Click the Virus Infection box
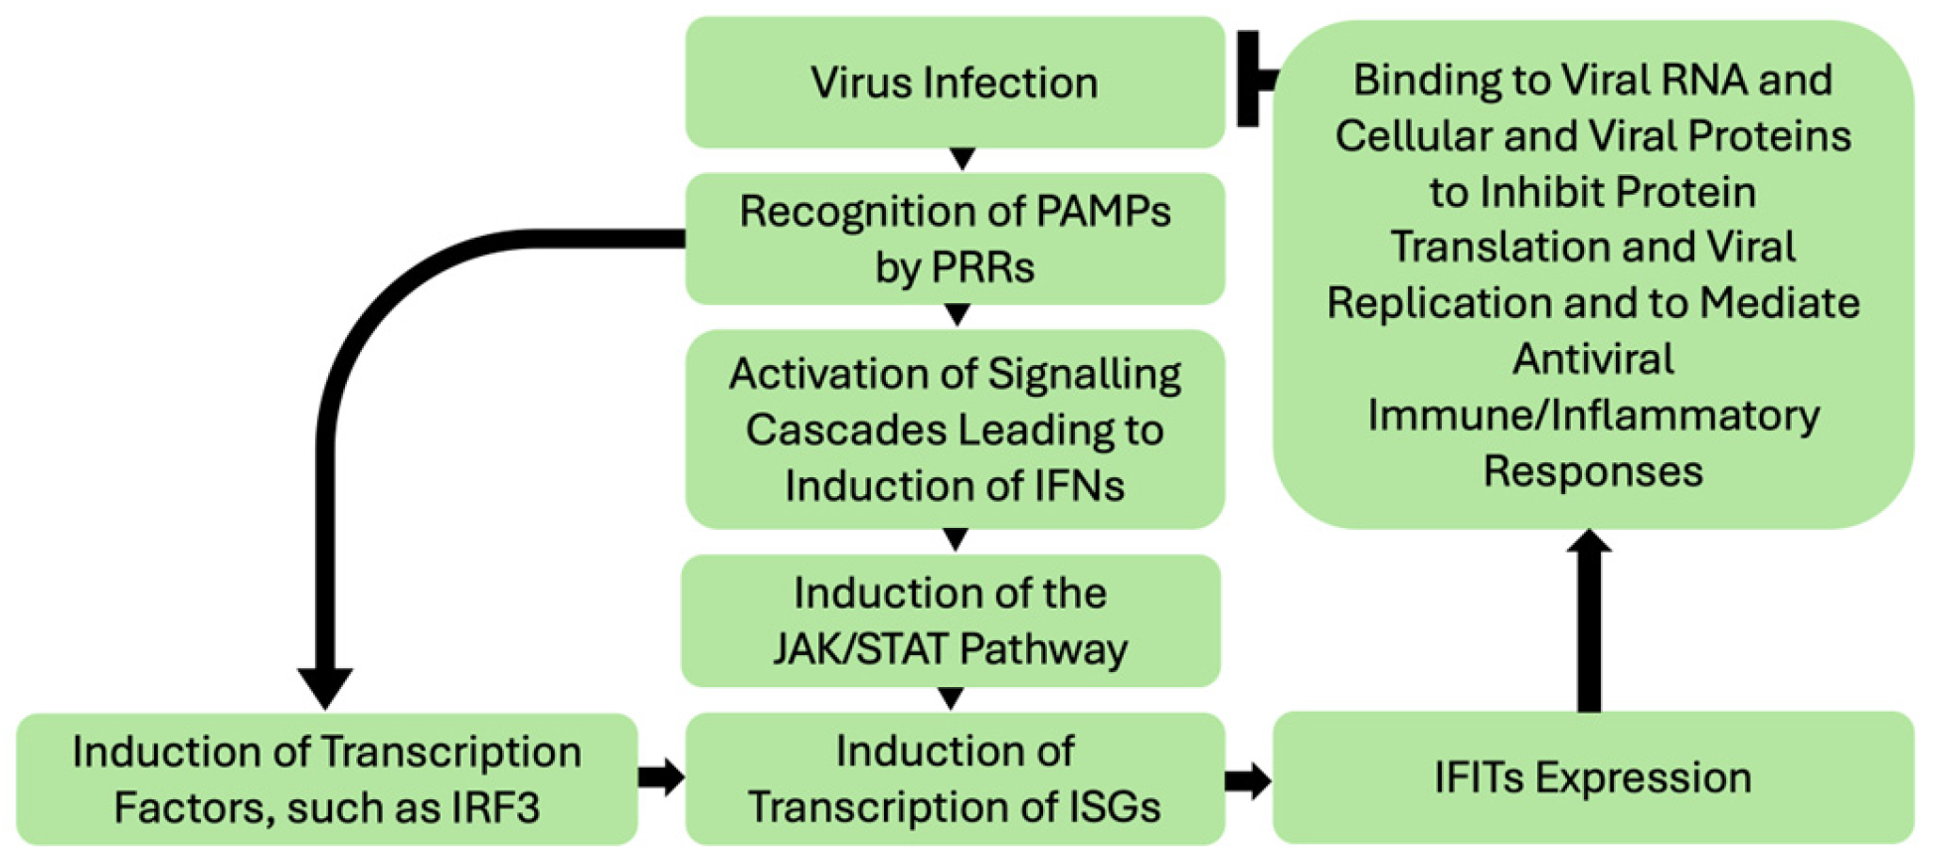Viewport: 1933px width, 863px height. point(955,83)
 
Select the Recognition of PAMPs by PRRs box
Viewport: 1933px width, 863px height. point(955,239)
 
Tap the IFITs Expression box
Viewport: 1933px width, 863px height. point(1592,777)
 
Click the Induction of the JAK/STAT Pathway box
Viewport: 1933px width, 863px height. point(951,621)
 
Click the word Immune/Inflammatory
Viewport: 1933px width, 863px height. point(1593,416)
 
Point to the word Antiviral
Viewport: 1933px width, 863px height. point(1593,359)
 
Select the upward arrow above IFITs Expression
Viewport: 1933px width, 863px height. point(1589,621)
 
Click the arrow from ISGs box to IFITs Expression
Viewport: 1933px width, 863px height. point(1248,780)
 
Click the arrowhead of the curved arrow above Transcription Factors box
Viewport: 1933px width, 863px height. point(325,686)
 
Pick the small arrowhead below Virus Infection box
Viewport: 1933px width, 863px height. point(962,159)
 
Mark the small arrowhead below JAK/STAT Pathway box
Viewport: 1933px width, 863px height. point(951,698)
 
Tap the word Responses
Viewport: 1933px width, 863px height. point(1593,471)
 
